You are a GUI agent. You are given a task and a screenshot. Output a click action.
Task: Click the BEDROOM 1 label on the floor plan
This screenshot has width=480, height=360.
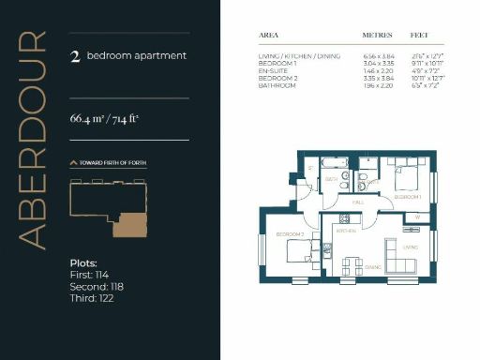click(x=407, y=198)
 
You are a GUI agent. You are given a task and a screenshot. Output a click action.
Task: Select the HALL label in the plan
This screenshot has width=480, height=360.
click(x=357, y=202)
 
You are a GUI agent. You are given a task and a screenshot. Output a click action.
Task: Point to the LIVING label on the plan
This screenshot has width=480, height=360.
click(x=410, y=247)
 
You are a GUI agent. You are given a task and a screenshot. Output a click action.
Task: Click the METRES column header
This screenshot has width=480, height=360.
click(x=377, y=36)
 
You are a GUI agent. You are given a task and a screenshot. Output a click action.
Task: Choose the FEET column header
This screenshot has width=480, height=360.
click(x=419, y=36)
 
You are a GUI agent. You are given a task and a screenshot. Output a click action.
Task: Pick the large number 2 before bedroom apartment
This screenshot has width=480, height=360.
click(x=74, y=56)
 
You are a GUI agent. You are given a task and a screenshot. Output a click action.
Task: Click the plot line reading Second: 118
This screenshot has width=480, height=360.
click(x=97, y=286)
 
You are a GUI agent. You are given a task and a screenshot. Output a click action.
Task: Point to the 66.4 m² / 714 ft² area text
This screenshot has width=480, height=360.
click(x=104, y=119)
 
